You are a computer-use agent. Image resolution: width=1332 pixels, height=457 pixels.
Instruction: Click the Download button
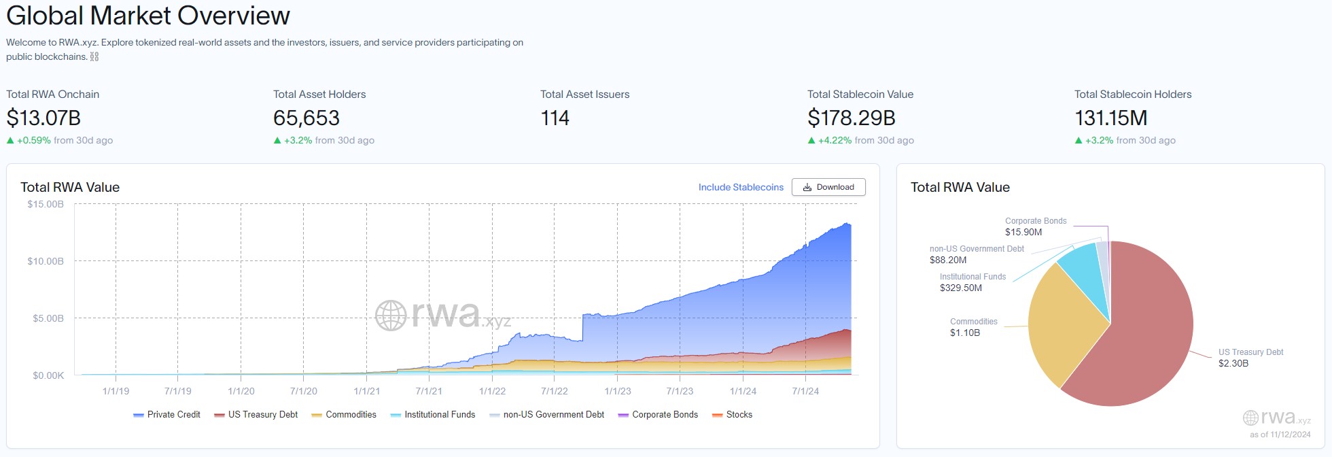pyautogui.click(x=828, y=187)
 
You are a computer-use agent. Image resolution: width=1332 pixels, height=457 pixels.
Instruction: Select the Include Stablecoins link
pyautogui.click(x=741, y=187)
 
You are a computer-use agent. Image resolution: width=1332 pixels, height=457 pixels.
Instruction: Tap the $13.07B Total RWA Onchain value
pyautogui.click(x=43, y=118)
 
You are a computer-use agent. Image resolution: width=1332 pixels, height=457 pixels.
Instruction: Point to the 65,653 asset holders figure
pyautogui.click(x=306, y=118)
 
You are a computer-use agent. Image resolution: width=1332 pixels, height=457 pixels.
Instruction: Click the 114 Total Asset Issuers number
pyautogui.click(x=555, y=118)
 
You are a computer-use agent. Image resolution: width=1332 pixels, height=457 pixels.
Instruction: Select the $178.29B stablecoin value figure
pyautogui.click(x=851, y=118)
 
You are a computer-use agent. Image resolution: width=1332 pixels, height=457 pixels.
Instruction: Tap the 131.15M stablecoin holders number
pyautogui.click(x=1110, y=118)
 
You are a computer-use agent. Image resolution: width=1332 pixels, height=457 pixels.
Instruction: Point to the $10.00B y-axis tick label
pyautogui.click(x=46, y=261)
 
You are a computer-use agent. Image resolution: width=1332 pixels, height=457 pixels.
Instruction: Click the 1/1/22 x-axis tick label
pyautogui.click(x=492, y=391)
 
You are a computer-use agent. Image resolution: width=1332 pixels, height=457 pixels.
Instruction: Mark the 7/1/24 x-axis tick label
pyautogui.click(x=805, y=391)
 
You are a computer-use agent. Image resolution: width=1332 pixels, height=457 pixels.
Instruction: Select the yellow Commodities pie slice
pyautogui.click(x=1060, y=326)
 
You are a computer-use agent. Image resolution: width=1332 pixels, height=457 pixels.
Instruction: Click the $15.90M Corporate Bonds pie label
pyautogui.click(x=1023, y=232)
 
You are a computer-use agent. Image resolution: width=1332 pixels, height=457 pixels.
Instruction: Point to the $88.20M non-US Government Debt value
pyautogui.click(x=948, y=260)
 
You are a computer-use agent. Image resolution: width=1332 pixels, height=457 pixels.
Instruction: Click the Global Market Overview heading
pyautogui.click(x=148, y=15)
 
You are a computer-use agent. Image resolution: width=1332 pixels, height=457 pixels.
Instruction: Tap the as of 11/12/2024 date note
pyautogui.click(x=1280, y=434)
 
